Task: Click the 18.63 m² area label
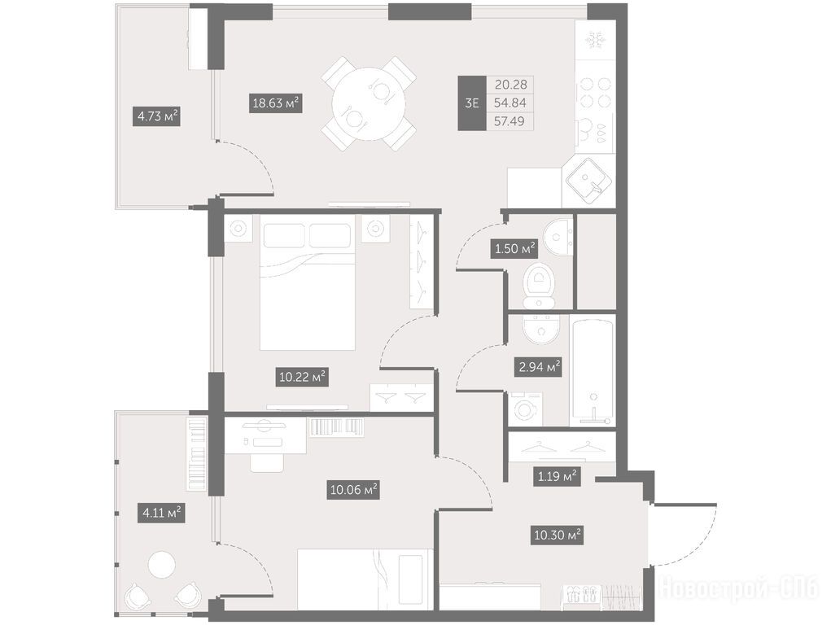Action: pos(276,103)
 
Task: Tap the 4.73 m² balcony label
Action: pos(156,116)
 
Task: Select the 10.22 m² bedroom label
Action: pos(302,378)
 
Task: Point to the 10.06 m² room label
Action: pos(353,490)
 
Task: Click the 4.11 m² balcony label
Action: pos(161,514)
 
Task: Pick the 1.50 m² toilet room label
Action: pos(514,248)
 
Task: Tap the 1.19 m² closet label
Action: pos(557,476)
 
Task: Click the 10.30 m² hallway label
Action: pos(558,535)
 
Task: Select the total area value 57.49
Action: pos(510,121)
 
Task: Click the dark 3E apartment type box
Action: pos(472,103)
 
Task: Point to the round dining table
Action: pos(369,103)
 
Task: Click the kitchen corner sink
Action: pos(588,181)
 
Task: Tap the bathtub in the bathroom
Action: pos(593,371)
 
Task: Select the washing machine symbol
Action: pos(526,409)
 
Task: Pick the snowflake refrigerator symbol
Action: pos(596,40)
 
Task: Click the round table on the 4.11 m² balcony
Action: pos(162,565)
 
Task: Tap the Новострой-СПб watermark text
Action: pos(738,588)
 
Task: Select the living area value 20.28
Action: pos(510,85)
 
